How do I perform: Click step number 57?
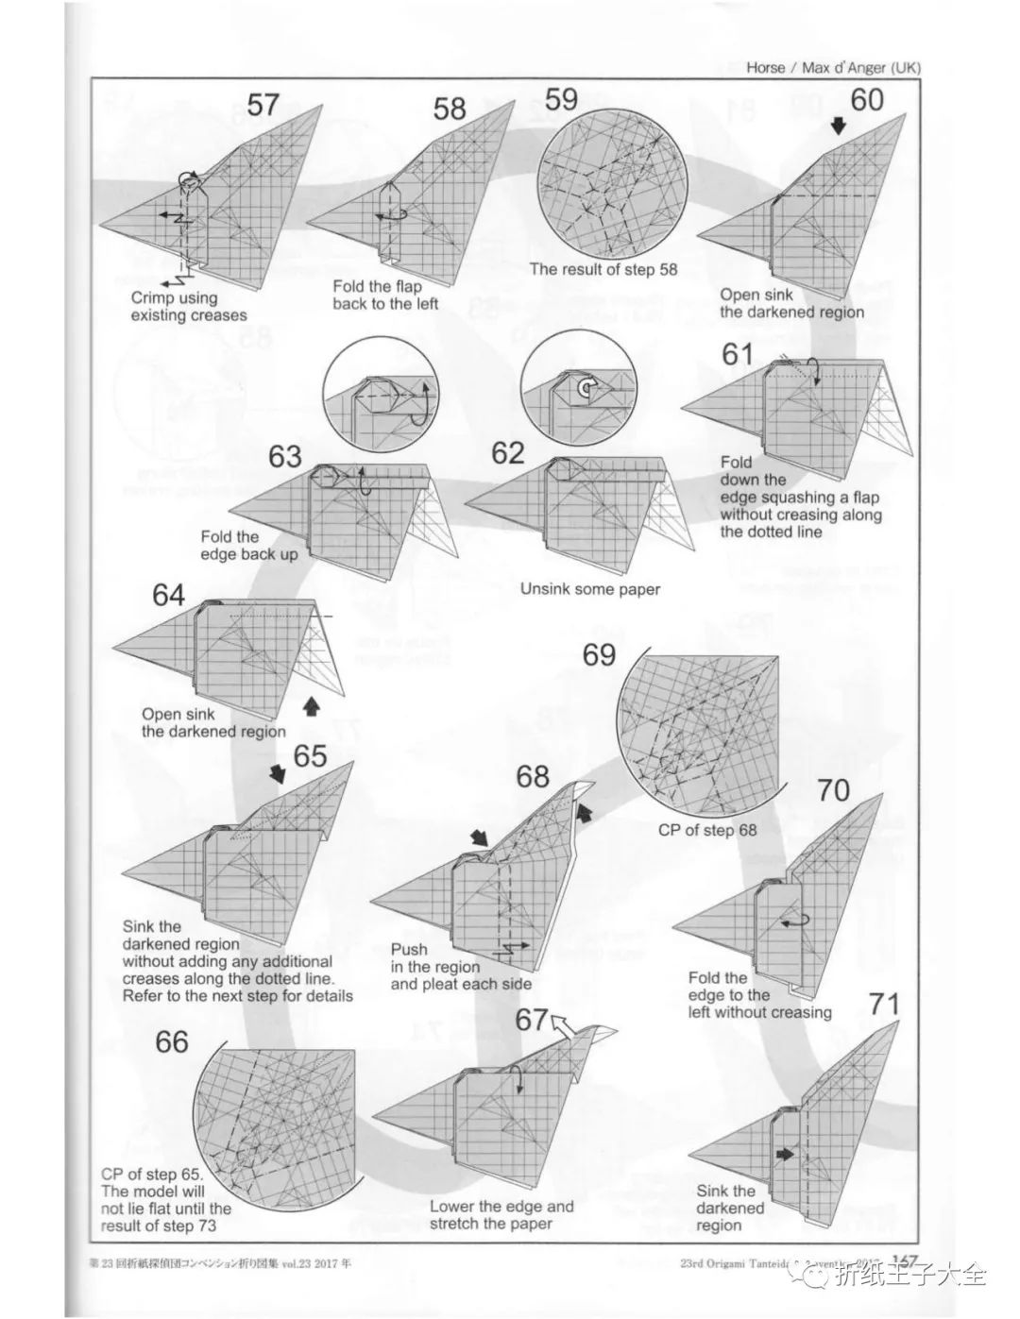click(x=263, y=104)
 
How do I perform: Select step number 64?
click(x=169, y=596)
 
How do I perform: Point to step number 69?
click(x=599, y=654)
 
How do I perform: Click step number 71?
click(x=885, y=1004)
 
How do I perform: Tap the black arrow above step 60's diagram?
click(x=839, y=126)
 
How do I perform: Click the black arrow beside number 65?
click(x=278, y=773)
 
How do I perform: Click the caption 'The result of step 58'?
click(x=603, y=269)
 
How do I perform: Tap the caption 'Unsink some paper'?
click(x=590, y=589)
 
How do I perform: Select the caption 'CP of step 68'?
click(x=707, y=831)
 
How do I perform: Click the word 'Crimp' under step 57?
click(x=153, y=298)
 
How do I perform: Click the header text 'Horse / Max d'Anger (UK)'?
click(x=832, y=67)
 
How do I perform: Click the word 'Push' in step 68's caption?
click(x=409, y=949)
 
